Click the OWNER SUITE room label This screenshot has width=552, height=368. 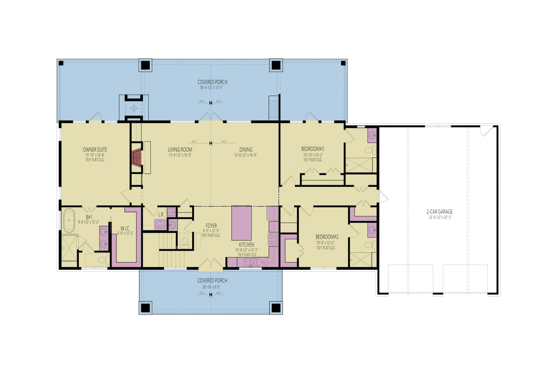(95, 150)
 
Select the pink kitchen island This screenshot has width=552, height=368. (241, 223)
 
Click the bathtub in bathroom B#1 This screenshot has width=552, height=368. (69, 220)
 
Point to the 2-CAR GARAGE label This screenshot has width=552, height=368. (439, 212)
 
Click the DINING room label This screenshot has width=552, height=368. (246, 150)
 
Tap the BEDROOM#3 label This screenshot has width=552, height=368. (312, 149)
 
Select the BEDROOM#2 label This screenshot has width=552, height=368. (327, 237)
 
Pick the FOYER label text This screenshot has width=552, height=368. (211, 226)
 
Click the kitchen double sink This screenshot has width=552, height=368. (250, 262)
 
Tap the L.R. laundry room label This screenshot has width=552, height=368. (161, 215)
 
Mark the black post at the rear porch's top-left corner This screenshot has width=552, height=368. (61, 63)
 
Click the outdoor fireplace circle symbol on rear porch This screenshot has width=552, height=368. (133, 108)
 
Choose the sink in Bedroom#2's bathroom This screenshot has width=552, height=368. (372, 230)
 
